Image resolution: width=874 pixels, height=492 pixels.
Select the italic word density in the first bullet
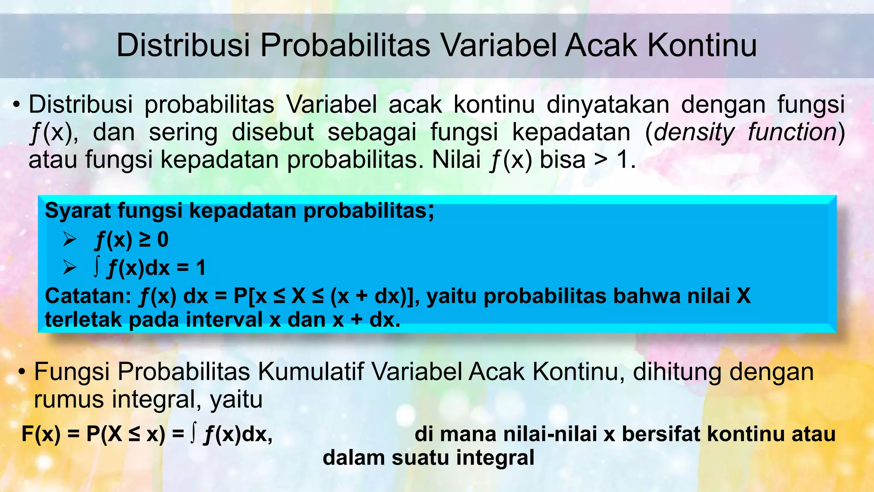(x=694, y=132)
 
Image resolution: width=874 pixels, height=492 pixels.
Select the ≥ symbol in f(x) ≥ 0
(x=145, y=240)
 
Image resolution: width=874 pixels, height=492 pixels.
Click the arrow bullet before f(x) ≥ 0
(x=70, y=240)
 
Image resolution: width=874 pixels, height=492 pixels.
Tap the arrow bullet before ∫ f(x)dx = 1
(x=70, y=268)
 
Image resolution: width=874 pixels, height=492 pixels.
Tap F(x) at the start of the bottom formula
(x=41, y=434)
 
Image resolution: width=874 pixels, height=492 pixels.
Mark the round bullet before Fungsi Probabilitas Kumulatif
(x=22, y=372)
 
